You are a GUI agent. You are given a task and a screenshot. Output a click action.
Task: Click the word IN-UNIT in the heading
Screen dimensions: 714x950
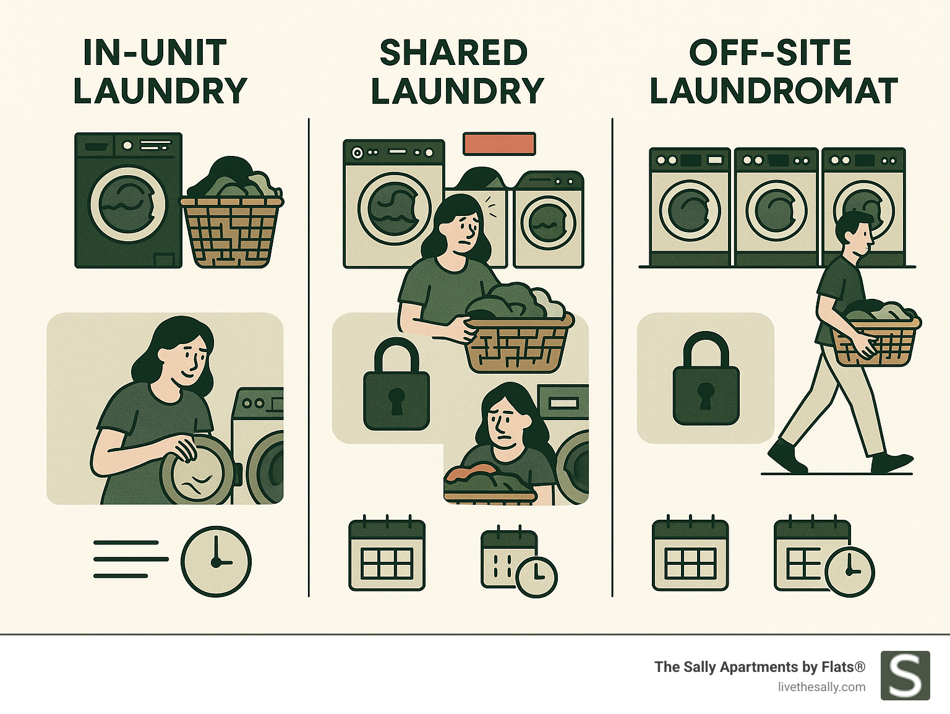click(x=155, y=53)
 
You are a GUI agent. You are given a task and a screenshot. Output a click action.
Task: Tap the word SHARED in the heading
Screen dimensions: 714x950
click(x=453, y=53)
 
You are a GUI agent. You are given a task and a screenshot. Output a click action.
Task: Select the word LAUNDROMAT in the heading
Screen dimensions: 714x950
click(x=773, y=91)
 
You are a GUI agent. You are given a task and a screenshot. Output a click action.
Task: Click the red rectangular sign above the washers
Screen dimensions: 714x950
click(x=499, y=143)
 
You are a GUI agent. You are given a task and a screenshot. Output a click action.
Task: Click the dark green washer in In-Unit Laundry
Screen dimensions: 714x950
click(x=128, y=200)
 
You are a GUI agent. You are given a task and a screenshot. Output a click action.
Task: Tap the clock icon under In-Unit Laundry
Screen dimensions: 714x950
click(x=216, y=561)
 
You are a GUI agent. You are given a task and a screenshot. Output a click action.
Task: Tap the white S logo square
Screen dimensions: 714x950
click(x=905, y=675)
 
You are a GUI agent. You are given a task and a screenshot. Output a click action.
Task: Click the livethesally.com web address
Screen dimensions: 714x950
click(x=821, y=687)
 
